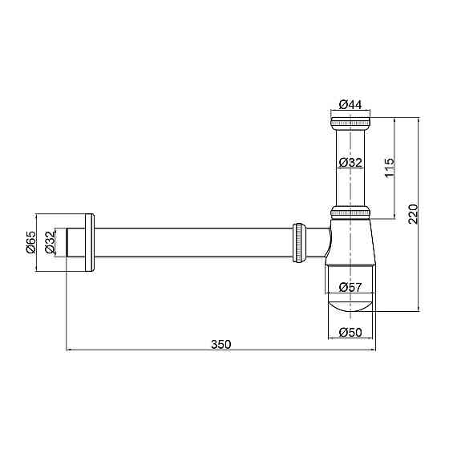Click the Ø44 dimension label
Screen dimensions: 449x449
click(350, 104)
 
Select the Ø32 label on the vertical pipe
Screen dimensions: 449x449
click(350, 163)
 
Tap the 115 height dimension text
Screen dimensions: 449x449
click(390, 168)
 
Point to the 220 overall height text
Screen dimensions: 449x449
click(414, 214)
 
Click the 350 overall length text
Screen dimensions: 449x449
click(220, 344)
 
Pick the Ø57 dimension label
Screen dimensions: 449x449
click(350, 287)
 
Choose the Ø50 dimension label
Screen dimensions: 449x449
click(350, 333)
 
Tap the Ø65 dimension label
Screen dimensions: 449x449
click(31, 242)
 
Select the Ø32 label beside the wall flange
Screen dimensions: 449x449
click(50, 242)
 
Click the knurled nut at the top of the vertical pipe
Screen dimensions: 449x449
click(350, 123)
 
